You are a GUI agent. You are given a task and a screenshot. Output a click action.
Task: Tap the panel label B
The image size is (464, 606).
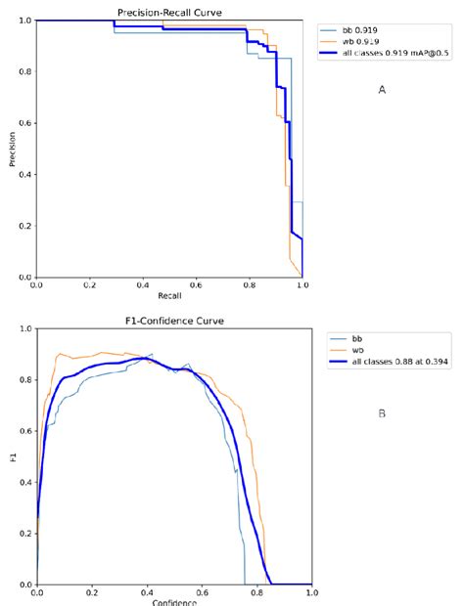click(382, 413)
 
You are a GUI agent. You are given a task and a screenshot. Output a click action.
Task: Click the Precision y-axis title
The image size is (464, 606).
click(13, 149)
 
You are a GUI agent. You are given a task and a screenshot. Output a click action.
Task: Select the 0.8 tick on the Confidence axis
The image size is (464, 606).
click(255, 592)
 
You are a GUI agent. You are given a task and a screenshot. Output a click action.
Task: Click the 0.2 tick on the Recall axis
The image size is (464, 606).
click(90, 285)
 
